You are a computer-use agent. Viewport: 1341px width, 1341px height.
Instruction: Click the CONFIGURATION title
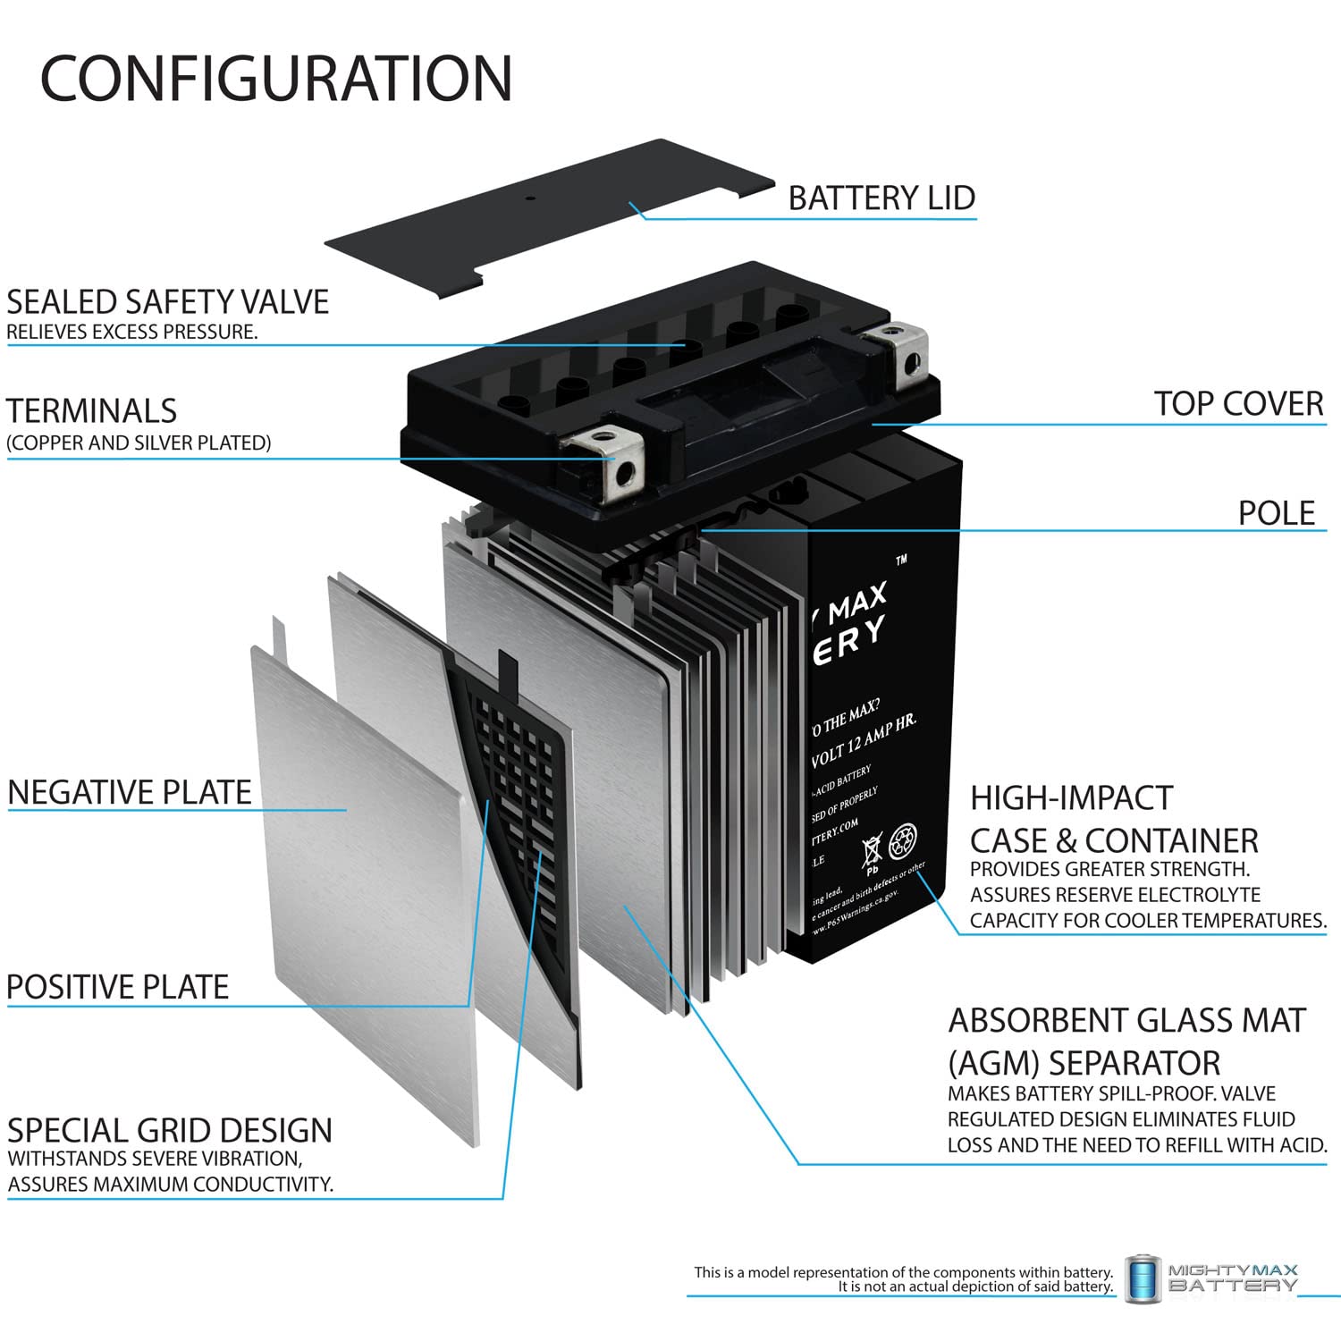pos(276,79)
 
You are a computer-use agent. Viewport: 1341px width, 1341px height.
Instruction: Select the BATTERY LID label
pos(881,198)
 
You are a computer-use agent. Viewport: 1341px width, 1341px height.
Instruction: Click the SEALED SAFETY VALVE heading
pos(168,302)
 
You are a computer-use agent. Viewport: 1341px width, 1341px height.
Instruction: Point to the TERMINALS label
pos(92,411)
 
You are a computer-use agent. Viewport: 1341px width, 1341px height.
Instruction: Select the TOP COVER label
pos(1237,404)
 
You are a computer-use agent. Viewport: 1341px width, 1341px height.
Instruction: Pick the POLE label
pos(1276,513)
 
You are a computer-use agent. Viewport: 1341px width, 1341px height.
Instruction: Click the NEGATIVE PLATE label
pos(130,793)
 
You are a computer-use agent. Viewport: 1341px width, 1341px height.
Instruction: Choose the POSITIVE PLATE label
pos(118,987)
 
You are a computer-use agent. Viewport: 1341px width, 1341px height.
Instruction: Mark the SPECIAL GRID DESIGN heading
pos(170,1131)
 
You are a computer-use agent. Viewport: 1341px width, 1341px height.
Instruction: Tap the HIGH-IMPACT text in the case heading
pos(1071,797)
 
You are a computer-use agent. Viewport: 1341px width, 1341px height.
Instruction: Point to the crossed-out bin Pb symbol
pos(872,853)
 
